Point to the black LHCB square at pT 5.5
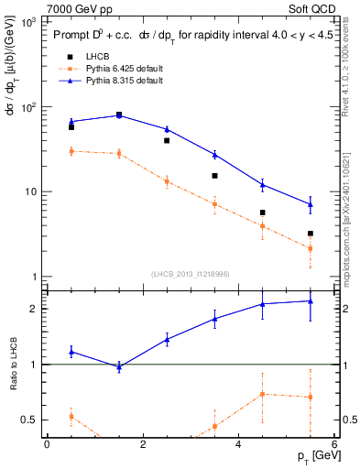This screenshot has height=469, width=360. coord(311,234)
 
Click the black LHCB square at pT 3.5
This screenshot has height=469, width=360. coord(214,176)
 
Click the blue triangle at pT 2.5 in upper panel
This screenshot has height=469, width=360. coord(167,129)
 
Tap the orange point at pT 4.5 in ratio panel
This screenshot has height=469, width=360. coord(263,394)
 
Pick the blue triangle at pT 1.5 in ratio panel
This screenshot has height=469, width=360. coord(119,366)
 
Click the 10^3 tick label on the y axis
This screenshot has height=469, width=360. coord(27,22)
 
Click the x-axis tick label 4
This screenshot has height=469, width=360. coord(238,444)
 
